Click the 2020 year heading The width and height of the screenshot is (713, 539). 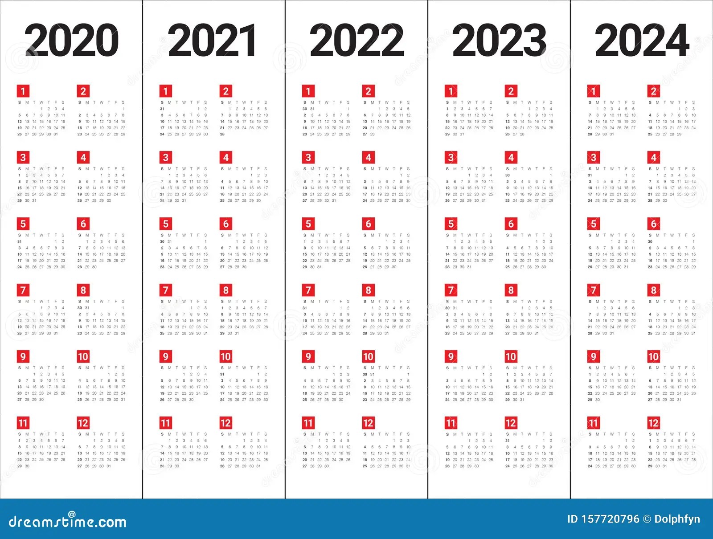pos(71,41)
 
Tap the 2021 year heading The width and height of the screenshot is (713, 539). pos(212,41)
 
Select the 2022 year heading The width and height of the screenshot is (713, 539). pos(356,41)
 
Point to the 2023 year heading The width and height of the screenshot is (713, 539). pos(499,41)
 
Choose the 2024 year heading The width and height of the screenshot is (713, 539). pos(642,41)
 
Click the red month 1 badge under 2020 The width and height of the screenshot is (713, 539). pos(23,91)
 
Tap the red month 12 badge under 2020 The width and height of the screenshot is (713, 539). pos(83,423)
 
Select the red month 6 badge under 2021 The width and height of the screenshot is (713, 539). pos(225,224)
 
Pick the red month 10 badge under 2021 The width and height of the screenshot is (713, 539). pos(225,356)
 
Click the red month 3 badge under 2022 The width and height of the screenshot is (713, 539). pos(308,157)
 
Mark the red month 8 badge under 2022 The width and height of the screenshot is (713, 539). pos(368,290)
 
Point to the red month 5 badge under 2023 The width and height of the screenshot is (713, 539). pos(451,224)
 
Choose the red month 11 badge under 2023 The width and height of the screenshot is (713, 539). pos(451,423)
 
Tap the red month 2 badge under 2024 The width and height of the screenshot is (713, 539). pos(653,91)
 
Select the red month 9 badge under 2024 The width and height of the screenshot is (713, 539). pos(593,356)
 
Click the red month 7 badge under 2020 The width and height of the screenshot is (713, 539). pos(23,290)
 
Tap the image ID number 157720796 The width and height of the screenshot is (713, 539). pos(611,519)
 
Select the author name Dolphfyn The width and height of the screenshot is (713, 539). pos(677,519)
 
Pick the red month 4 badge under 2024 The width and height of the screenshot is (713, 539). pos(653,157)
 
